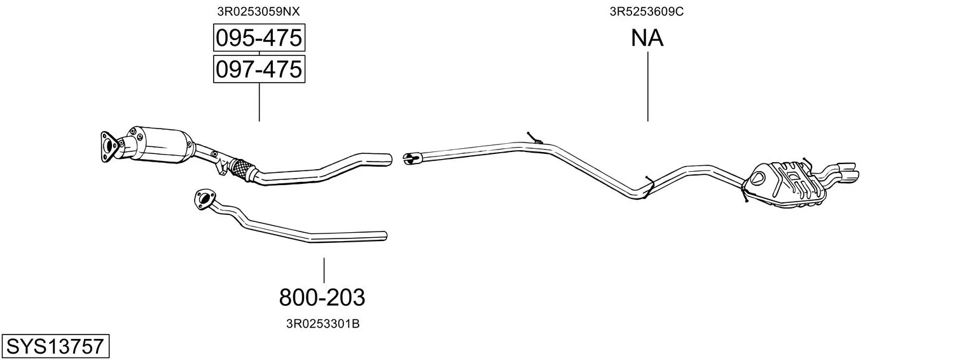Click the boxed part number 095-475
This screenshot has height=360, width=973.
[x=259, y=38]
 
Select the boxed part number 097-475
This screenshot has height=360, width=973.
[x=259, y=69]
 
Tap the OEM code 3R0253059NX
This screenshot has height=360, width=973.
[x=258, y=11]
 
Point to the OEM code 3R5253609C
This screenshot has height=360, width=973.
[x=647, y=11]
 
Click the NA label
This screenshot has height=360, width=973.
[x=647, y=38]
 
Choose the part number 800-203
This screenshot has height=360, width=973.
[x=322, y=298]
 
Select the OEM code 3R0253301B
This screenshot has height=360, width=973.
[x=322, y=324]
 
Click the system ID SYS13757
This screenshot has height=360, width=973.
[x=55, y=347]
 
